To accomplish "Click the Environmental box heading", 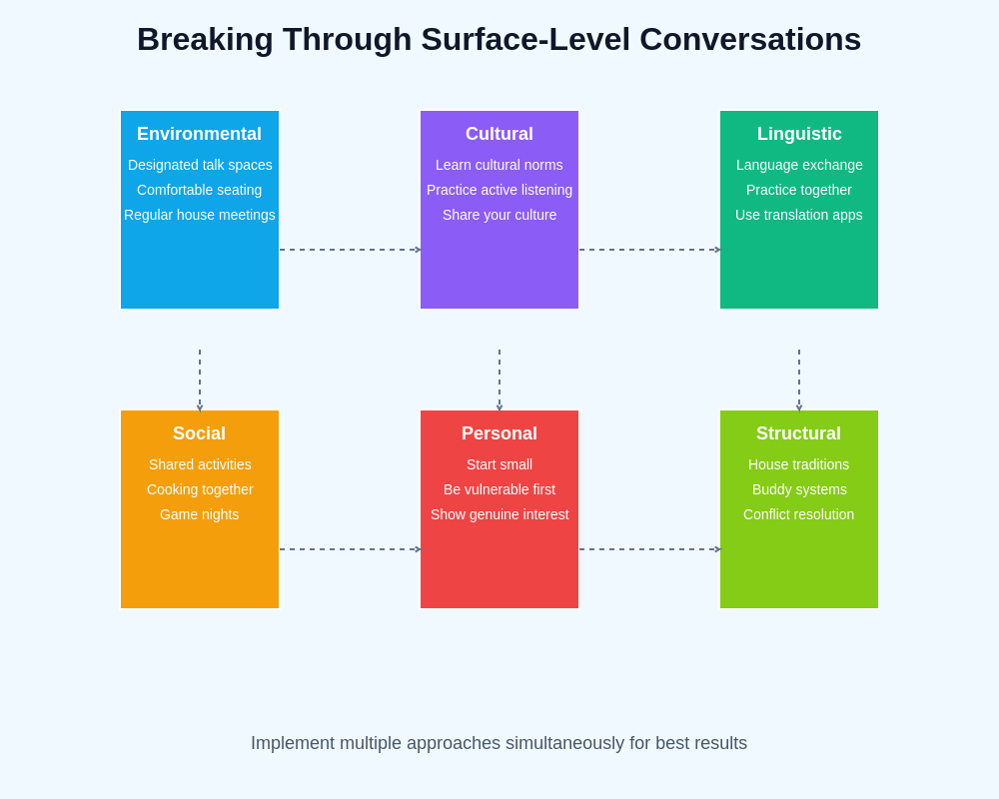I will (199, 134).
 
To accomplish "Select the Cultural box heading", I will (499, 134).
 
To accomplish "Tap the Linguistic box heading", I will (799, 134).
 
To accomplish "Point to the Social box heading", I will (199, 433).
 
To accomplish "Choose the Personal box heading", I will (499, 433).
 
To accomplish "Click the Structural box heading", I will (798, 433).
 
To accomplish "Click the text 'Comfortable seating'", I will (199, 190).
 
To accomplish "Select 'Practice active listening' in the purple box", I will (499, 190).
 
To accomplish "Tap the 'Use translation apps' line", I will (799, 215).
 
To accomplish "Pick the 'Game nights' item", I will (199, 514).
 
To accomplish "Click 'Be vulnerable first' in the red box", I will (499, 489).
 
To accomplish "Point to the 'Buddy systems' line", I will (799, 489).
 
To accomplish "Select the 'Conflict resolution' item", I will (798, 514).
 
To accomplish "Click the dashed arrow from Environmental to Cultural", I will (350, 250).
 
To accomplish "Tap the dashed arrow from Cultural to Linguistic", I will (649, 250).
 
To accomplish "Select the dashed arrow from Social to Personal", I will (350, 549).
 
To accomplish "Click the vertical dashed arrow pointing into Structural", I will (799, 380).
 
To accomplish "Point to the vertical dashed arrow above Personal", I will (499, 380).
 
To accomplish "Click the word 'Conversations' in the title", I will (749, 39).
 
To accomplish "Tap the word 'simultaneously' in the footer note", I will (564, 743).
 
